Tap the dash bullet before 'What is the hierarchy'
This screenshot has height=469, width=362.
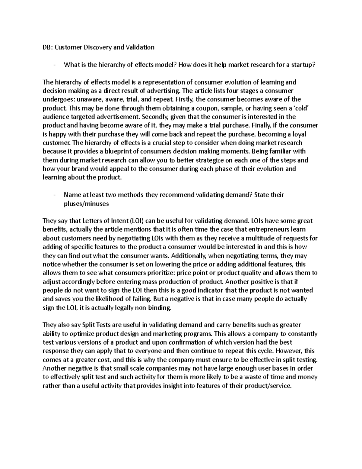(54, 65)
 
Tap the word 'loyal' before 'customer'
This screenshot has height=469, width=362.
(306, 134)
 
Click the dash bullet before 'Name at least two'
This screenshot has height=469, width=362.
(54, 195)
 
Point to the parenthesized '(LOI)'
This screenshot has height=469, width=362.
(131, 221)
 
